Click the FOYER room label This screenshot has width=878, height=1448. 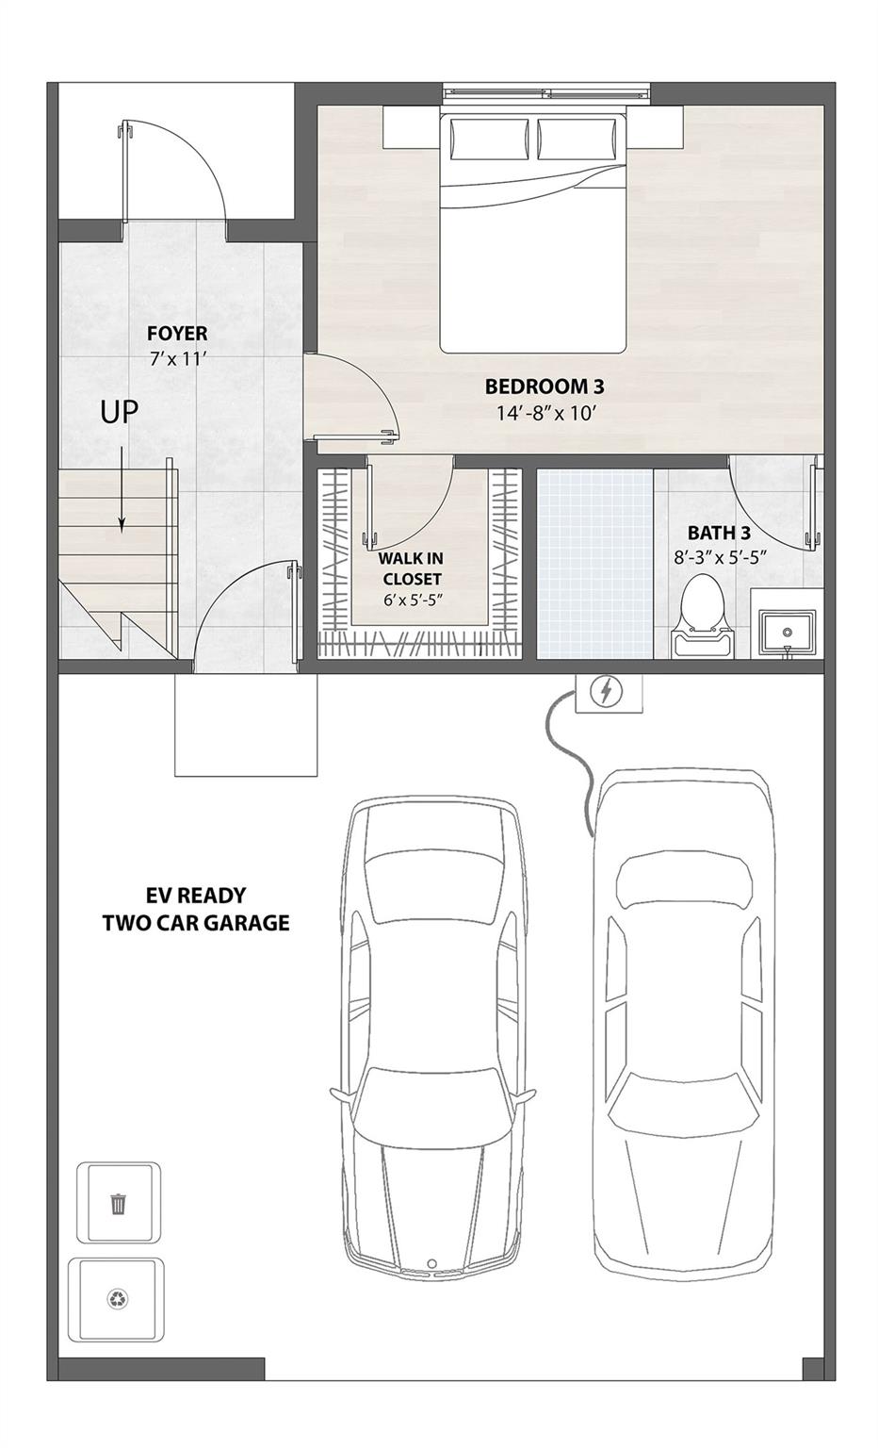pos(177,334)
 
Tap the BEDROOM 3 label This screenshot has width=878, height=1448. pos(544,387)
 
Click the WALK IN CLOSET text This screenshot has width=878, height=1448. pos(411,569)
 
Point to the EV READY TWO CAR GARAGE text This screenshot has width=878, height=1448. pos(196,909)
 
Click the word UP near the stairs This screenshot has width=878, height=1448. pos(120,412)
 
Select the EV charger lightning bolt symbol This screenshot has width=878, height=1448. pos(607,693)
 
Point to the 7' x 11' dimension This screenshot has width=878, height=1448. pos(178,358)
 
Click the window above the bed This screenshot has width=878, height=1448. pos(546,92)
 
